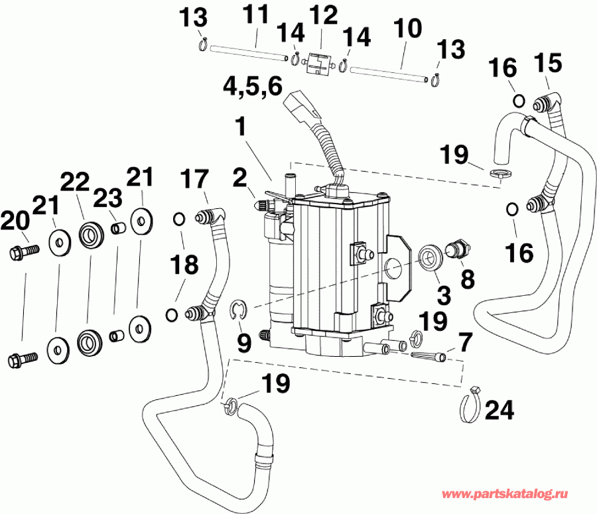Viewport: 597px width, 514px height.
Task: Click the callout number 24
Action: coord(499,411)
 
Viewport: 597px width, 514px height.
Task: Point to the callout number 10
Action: coord(407,29)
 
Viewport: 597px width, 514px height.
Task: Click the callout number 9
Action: coord(244,343)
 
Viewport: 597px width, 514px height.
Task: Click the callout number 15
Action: coord(548,64)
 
